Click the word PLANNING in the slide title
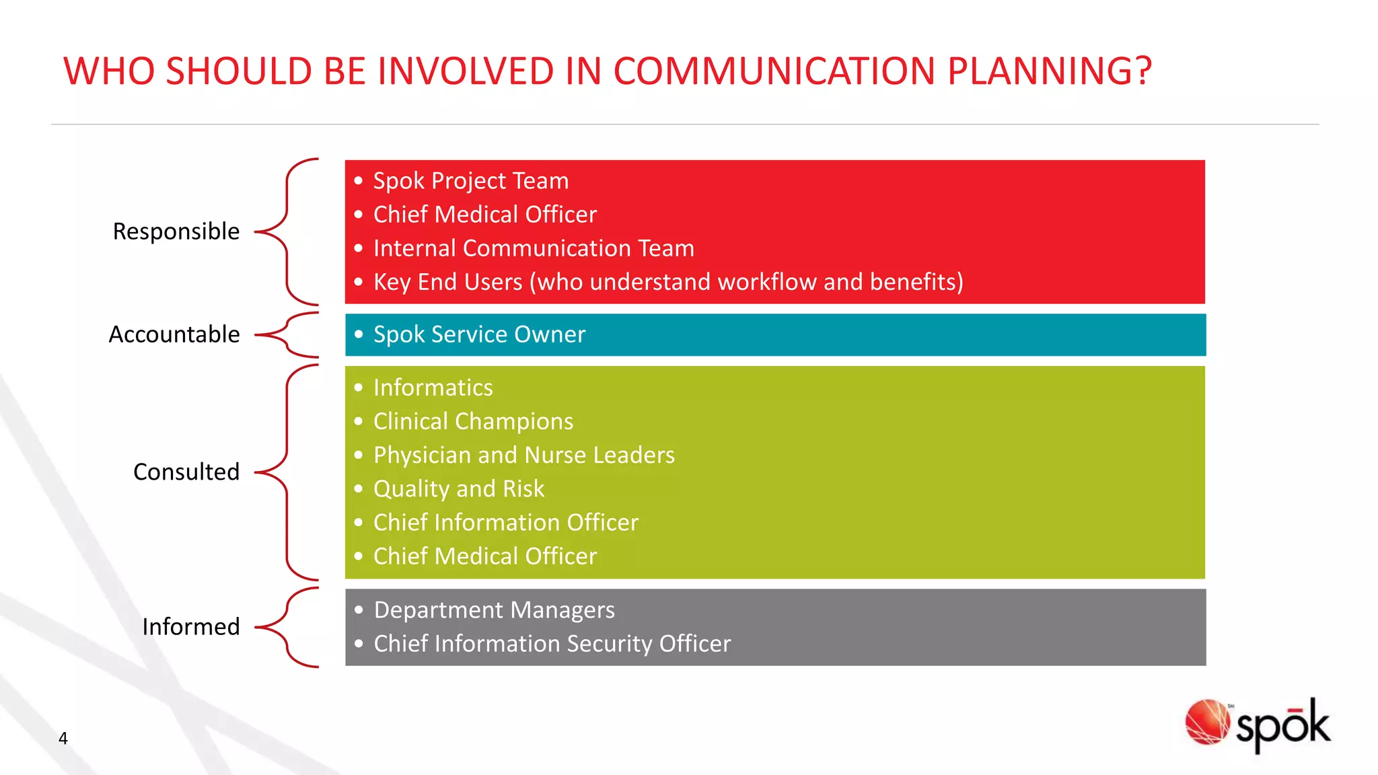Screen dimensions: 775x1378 point(1050,71)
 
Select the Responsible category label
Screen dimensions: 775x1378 point(176,231)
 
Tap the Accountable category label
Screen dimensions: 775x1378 point(174,334)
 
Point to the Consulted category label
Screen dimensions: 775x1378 point(186,472)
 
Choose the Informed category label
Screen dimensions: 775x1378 point(191,627)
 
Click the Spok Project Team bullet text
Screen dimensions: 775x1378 point(471,181)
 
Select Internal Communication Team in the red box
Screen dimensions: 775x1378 point(534,248)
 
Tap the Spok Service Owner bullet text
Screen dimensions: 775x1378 point(479,334)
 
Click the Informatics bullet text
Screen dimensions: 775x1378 point(433,387)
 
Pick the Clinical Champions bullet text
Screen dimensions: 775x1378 point(473,421)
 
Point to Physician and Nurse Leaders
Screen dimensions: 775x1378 point(523,455)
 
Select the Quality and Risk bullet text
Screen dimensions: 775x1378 point(459,488)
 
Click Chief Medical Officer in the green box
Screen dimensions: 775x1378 point(485,556)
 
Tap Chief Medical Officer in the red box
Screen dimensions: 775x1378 point(485,215)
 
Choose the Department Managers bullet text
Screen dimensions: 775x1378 point(494,610)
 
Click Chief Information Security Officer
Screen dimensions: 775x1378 point(552,644)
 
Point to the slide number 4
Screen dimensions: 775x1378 point(63,739)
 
